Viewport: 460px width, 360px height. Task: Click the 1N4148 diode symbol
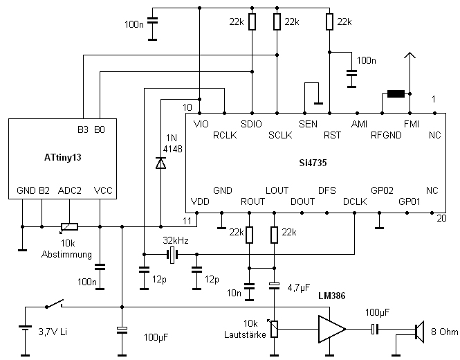pyautogui.click(x=160, y=163)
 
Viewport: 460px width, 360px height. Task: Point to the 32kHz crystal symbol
pyautogui.click(x=170, y=256)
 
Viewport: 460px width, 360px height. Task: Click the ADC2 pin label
pyautogui.click(x=70, y=190)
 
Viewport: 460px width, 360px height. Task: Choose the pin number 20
pyautogui.click(x=441, y=217)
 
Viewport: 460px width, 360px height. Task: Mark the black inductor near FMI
pyautogui.click(x=396, y=94)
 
